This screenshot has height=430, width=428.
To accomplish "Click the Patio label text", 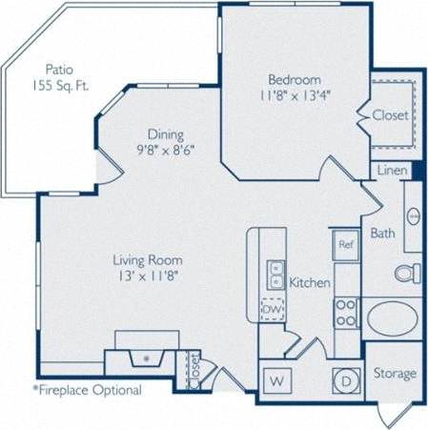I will coord(59,69).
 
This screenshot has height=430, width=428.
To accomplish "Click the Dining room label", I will coord(165,134).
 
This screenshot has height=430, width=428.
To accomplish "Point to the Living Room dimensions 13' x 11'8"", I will coord(148,276).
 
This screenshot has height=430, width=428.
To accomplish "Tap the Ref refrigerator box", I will coord(344,244).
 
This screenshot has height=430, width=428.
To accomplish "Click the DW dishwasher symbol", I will coord(273,310).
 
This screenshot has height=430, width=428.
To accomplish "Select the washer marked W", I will coord(277,380).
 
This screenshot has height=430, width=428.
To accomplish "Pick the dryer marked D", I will coord(345,380).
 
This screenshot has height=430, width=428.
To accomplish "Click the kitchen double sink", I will coord(275,275).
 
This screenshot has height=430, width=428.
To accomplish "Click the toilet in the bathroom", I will coord(408,273).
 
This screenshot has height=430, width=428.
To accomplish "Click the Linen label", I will coord(392,171).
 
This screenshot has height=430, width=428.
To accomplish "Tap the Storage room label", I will coord(395,373).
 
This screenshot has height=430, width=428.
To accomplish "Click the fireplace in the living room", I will coord(147,359).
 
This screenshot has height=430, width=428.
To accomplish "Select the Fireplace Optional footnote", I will coord(88,390).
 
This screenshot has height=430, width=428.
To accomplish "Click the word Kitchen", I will coord(310,282).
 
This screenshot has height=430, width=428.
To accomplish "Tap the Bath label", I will coord(383,233).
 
